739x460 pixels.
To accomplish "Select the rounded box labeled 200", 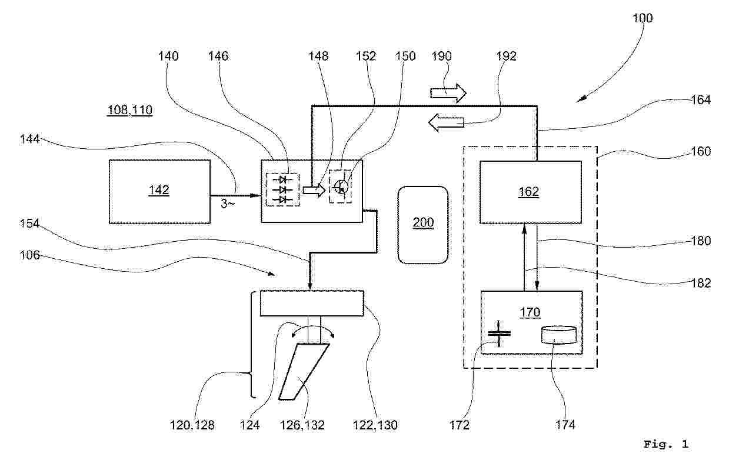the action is click(423, 225).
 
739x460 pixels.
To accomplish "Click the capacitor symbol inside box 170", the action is click(499, 334).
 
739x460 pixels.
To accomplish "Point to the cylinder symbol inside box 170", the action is click(559, 335).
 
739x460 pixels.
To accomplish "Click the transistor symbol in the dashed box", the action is click(341, 187).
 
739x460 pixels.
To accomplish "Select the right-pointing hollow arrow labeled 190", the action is click(448, 94).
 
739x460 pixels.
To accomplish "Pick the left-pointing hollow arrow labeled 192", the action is click(447, 123).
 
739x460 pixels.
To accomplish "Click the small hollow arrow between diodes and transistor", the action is click(314, 190).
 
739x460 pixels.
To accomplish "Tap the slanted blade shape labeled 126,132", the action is click(304, 372).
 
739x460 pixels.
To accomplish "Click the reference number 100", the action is click(643, 18).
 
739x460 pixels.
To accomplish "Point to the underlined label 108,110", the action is click(130, 110).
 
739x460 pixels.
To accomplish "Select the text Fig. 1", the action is click(666, 444).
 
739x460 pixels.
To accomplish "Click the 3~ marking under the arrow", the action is click(228, 204).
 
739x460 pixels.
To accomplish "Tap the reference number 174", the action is click(565, 425).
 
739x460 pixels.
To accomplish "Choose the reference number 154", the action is click(29, 224).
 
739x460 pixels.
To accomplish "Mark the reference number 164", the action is click(701, 99).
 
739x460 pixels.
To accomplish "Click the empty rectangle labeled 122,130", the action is click(312, 304).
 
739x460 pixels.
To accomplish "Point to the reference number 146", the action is click(218, 56).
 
